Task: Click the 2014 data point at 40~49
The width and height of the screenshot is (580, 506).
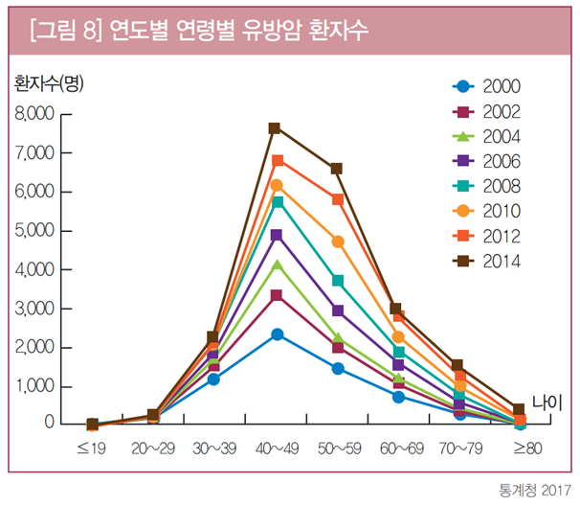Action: point(276,127)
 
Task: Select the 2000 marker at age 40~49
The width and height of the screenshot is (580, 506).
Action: point(276,334)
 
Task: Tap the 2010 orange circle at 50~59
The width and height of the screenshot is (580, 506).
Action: point(337,241)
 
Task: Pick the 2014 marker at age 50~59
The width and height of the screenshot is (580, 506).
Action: point(337,169)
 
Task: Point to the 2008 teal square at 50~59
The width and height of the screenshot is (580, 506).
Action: point(337,281)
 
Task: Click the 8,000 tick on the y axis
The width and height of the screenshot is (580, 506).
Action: point(34,114)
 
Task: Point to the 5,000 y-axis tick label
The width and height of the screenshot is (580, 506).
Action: point(34,231)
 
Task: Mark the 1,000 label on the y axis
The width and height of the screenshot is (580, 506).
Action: point(34,386)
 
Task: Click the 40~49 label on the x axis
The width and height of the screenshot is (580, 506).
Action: point(276,448)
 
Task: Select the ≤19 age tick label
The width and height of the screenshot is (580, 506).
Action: point(92,448)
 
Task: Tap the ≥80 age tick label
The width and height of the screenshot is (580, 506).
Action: point(520,448)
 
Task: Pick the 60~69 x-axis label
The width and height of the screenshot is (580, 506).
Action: point(398,448)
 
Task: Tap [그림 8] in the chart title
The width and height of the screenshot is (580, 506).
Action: point(65,29)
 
